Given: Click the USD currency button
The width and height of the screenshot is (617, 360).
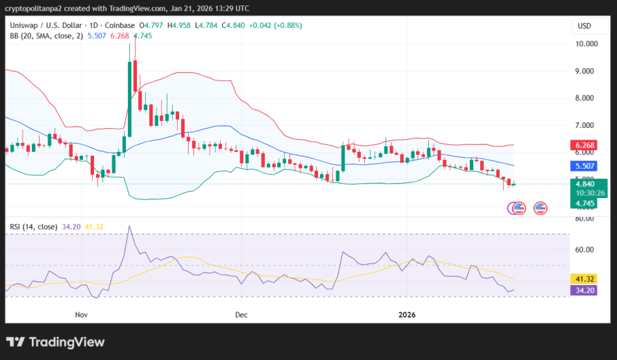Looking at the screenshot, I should [584, 26].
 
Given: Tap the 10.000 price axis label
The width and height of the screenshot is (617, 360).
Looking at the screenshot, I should [586, 44].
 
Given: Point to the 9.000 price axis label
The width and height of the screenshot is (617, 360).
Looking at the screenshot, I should [586, 71].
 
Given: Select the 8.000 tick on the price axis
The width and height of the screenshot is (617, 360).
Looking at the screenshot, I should [586, 98].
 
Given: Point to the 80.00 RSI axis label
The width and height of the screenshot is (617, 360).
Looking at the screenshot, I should [586, 219].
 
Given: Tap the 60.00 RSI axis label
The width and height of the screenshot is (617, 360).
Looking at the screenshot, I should [586, 250].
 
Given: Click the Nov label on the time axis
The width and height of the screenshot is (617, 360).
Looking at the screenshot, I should [82, 315].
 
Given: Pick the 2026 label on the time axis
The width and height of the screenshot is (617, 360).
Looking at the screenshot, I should [407, 315].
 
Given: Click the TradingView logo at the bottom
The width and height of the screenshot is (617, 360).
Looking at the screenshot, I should [56, 342].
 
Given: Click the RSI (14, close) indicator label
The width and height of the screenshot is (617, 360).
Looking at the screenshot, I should [33, 226].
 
